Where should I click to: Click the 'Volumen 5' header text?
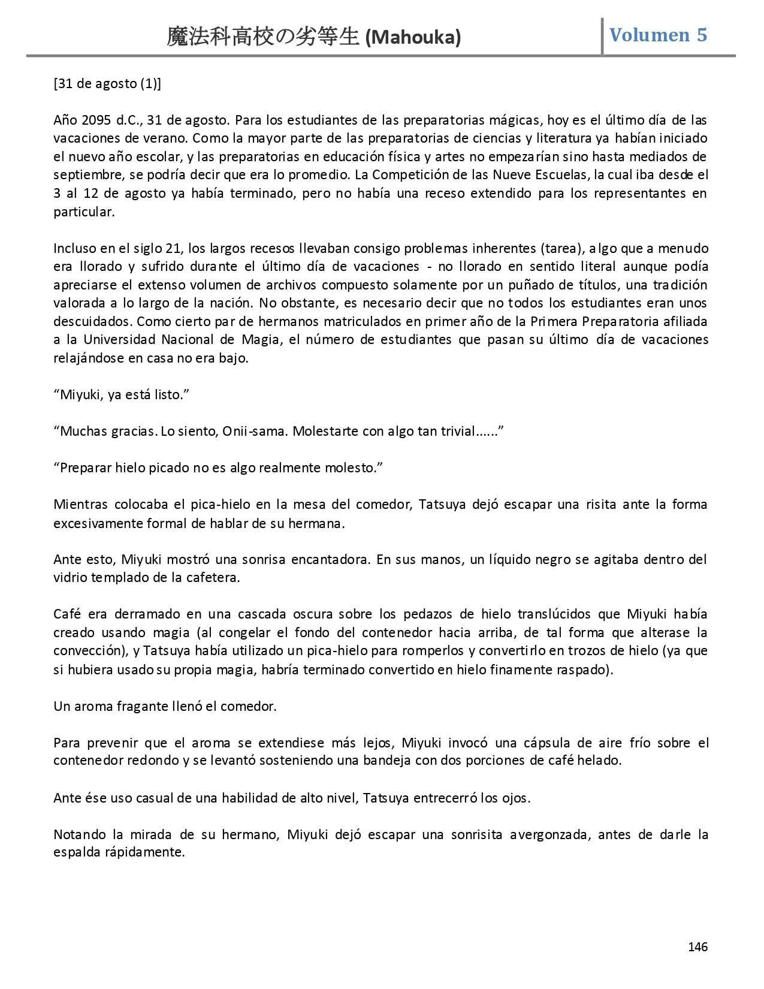click(x=658, y=35)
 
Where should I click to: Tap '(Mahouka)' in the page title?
click(x=413, y=38)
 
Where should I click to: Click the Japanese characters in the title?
click(x=263, y=37)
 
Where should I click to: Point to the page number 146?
click(x=697, y=946)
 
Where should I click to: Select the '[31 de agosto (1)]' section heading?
click(x=107, y=83)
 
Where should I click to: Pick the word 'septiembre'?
click(x=83, y=175)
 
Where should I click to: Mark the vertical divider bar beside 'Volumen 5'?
click(x=602, y=37)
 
